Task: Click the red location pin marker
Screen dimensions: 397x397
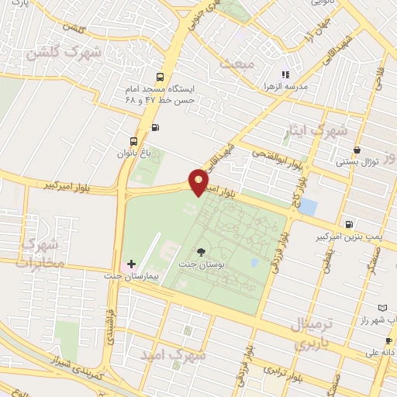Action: coord(199,183)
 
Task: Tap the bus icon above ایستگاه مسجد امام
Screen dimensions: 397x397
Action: coord(161,78)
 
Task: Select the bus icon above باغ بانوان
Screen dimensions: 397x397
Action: coord(135,141)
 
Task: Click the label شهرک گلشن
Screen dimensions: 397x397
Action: coord(53,54)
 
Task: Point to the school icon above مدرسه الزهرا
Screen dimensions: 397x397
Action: coord(285,74)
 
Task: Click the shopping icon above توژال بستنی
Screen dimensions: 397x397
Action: coord(357,150)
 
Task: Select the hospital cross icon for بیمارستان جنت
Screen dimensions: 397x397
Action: coord(131,264)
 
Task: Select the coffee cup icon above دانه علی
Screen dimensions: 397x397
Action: coord(388,340)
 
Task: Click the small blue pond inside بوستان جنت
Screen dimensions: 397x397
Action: coord(254,263)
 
